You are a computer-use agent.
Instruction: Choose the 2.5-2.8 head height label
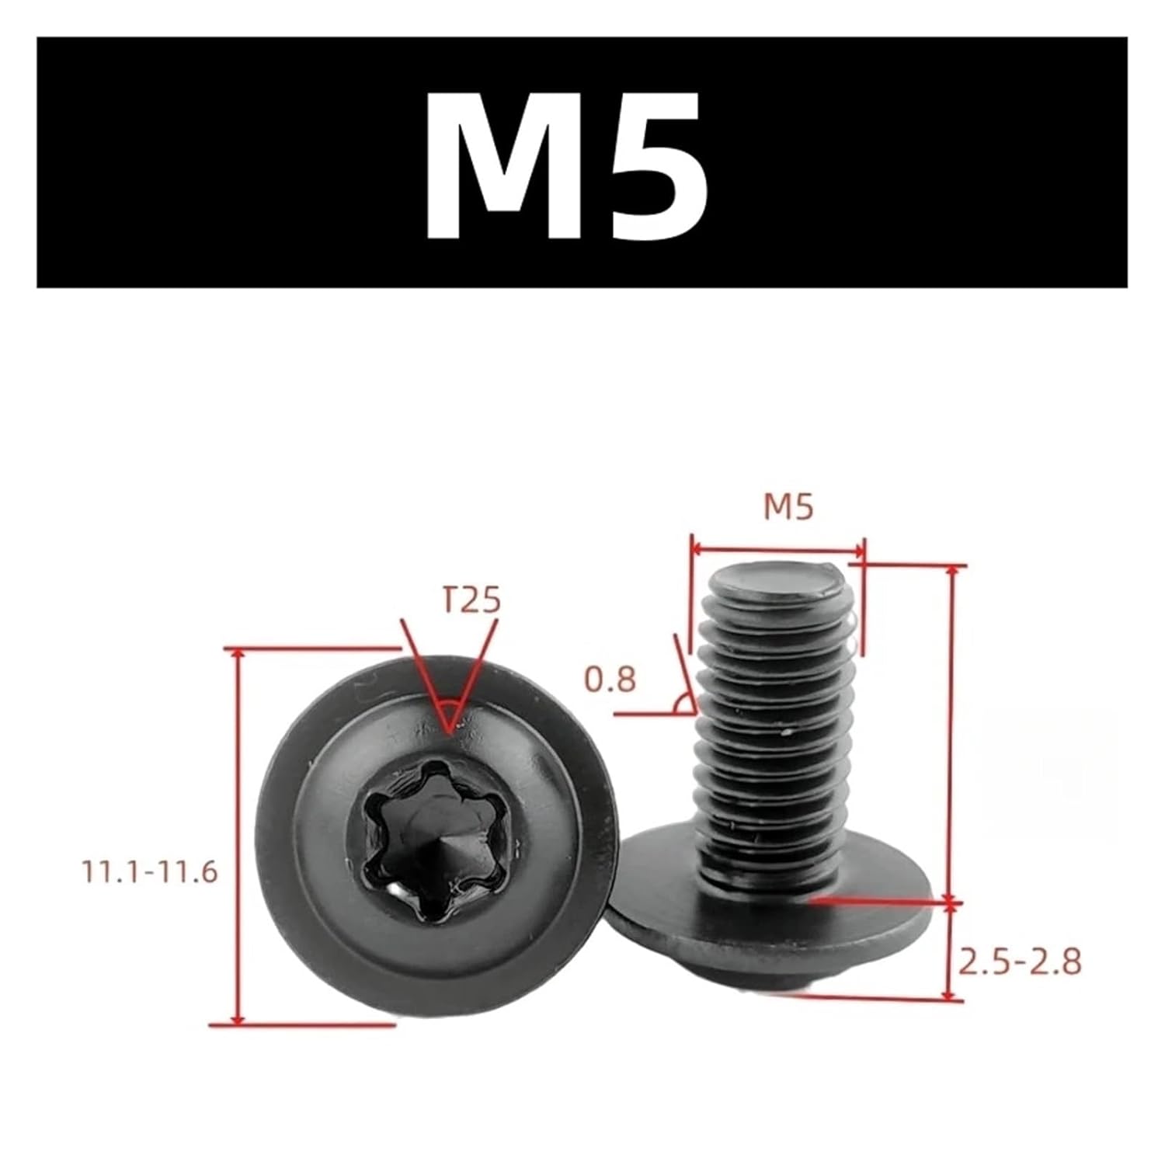point(1020,963)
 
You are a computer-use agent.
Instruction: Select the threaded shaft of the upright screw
point(777,738)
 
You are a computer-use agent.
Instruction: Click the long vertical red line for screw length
point(952,730)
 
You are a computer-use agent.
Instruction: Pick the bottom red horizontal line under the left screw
point(303,1025)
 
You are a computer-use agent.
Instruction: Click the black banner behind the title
point(194,163)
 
